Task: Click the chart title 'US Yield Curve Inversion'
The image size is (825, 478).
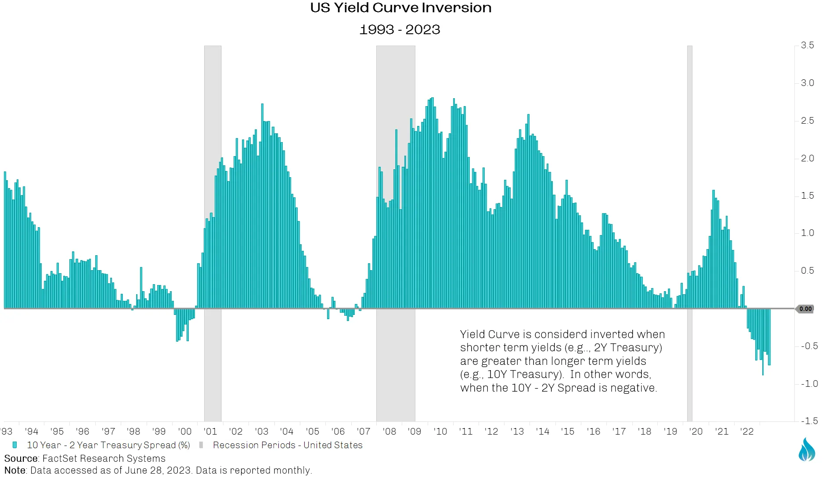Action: pyautogui.click(x=400, y=8)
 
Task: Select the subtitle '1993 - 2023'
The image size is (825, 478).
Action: pyautogui.click(x=400, y=30)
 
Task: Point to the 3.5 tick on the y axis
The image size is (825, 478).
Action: pyautogui.click(x=807, y=45)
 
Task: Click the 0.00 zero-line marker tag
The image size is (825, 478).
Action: pyautogui.click(x=805, y=309)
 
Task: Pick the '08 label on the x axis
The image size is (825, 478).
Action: pyautogui.click(x=389, y=432)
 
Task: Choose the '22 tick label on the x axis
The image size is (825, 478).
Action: pyautogui.click(x=746, y=432)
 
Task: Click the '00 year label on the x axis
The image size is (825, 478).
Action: pyautogui.click(x=185, y=432)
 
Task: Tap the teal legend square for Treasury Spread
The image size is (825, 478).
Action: pyautogui.click(x=15, y=445)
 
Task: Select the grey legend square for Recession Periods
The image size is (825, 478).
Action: pyautogui.click(x=201, y=445)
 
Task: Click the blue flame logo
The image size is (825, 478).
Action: pyautogui.click(x=807, y=449)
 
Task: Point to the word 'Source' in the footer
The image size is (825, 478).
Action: pyautogui.click(x=21, y=459)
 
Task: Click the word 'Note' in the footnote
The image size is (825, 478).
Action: pyautogui.click(x=15, y=471)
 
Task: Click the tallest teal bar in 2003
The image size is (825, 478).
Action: pyautogui.click(x=262, y=206)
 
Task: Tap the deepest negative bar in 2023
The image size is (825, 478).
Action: pyautogui.click(x=763, y=342)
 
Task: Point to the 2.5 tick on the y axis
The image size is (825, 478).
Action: pyautogui.click(x=807, y=121)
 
